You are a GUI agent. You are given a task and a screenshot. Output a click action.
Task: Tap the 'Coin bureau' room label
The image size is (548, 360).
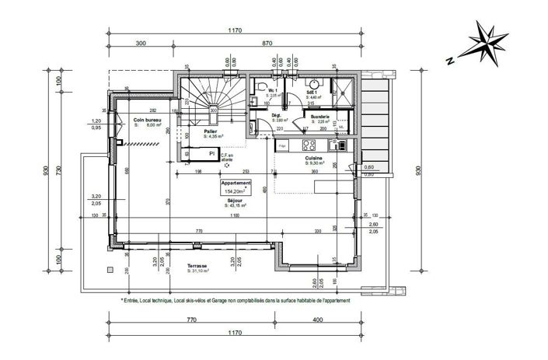pyautogui.click(x=146, y=119)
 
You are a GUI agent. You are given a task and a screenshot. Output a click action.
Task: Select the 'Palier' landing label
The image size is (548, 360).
pyautogui.click(x=210, y=131)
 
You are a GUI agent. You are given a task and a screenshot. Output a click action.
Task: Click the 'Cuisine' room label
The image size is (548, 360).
pyautogui.click(x=314, y=157)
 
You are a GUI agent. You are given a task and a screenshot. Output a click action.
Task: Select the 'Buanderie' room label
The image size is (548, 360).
pyautogui.click(x=321, y=117)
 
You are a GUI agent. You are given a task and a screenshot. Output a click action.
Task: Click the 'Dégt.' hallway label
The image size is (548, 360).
pyautogui.click(x=277, y=115)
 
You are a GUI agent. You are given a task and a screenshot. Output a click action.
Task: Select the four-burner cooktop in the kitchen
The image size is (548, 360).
pyautogui.click(x=306, y=145)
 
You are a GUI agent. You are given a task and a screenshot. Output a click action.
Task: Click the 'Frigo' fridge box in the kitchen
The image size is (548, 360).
pyautogui.click(x=284, y=145)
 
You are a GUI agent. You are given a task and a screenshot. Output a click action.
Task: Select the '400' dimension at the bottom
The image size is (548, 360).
pyautogui.click(x=317, y=320)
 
